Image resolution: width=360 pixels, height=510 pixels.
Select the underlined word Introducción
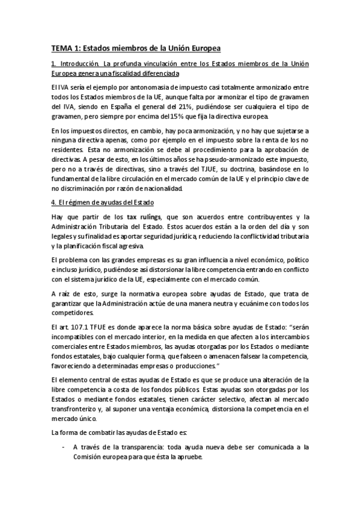pos(78,64)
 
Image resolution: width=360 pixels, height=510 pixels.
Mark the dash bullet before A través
pos(64,447)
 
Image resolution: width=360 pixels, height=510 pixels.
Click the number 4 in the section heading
pos(53,202)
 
